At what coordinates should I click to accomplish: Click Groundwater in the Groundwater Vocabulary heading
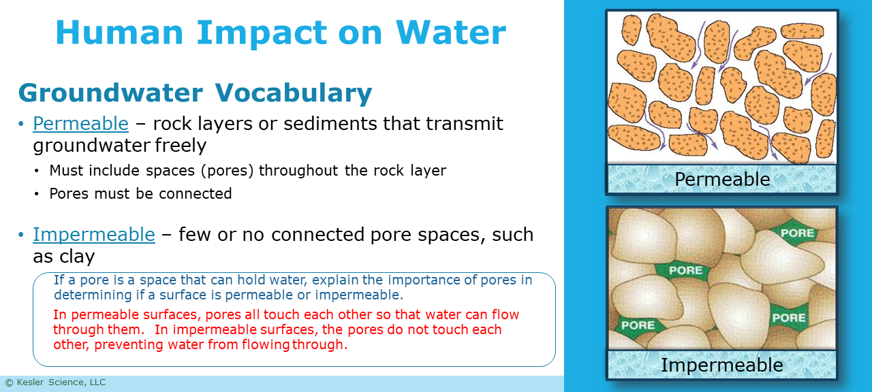pyautogui.click(x=110, y=93)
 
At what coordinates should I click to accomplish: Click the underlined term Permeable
pyautogui.click(x=80, y=123)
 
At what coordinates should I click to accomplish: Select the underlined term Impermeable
pyautogui.click(x=94, y=234)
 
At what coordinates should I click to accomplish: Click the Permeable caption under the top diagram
pyautogui.click(x=722, y=179)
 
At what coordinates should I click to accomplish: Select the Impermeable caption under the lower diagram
pyautogui.click(x=722, y=365)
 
